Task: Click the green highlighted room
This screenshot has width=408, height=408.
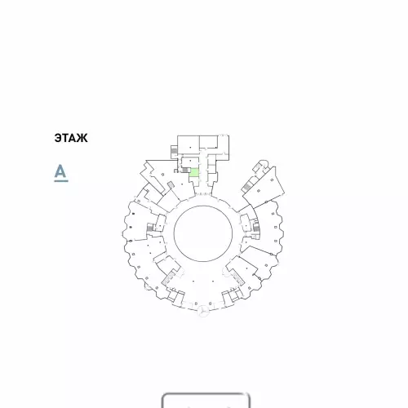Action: coord(194,172)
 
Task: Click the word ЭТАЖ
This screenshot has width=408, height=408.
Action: coord(71,138)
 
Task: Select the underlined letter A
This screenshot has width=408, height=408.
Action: coord(61,172)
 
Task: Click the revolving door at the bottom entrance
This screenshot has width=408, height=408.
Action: coord(203,311)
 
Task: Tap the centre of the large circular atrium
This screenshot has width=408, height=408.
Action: coord(203,233)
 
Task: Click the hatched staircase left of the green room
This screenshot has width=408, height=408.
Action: coord(185,170)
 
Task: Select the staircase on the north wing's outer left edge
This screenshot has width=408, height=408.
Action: coord(174,150)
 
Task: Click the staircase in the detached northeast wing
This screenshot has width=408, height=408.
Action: coord(247,187)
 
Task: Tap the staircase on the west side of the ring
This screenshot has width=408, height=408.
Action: coord(150,228)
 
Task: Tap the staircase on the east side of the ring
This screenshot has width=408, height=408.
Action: coord(256,228)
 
